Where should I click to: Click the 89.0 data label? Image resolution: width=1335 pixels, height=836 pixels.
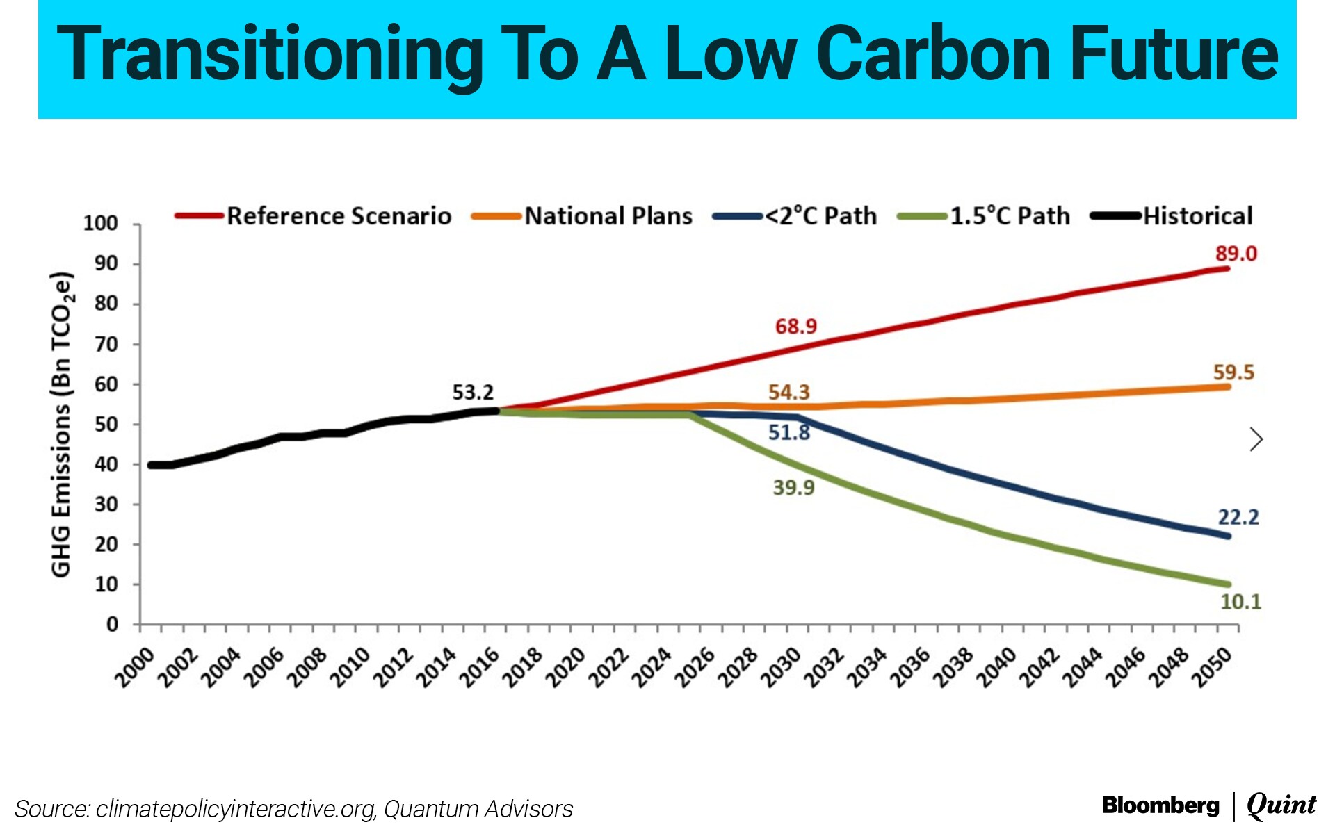pos(1236,254)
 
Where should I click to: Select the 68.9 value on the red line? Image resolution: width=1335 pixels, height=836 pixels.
pos(796,326)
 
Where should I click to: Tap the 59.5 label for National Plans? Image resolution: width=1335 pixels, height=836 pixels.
pos(1233,372)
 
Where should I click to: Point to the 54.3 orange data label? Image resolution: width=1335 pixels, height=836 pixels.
pos(788,392)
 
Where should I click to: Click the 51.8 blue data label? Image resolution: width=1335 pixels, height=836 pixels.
pos(788,432)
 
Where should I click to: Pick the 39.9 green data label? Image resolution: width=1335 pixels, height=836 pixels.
pos(793,487)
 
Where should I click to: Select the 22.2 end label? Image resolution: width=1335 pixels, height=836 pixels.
pos(1238,517)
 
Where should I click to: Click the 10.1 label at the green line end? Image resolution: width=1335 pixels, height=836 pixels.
pos(1240,601)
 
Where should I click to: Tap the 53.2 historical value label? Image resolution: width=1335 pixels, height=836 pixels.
pos(473,393)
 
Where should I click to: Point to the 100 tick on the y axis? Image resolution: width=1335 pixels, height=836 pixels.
pos(101,224)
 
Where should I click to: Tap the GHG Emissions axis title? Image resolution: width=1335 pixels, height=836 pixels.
pos(61,424)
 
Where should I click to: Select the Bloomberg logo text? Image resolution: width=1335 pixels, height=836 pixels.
pos(1160,805)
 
